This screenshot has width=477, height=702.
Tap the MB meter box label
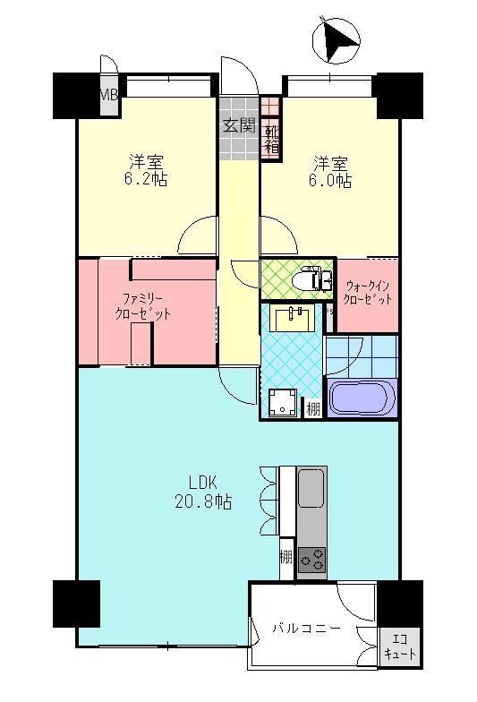(x=108, y=94)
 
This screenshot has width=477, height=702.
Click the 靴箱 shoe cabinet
(x=271, y=139)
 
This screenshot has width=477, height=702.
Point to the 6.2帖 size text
(x=147, y=179)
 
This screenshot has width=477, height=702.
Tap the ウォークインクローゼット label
(x=368, y=292)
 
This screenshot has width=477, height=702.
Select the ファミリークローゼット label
(x=142, y=307)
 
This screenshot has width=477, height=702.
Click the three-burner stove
(x=312, y=561)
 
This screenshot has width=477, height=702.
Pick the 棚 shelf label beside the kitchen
(x=285, y=556)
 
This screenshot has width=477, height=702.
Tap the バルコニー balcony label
(x=307, y=628)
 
